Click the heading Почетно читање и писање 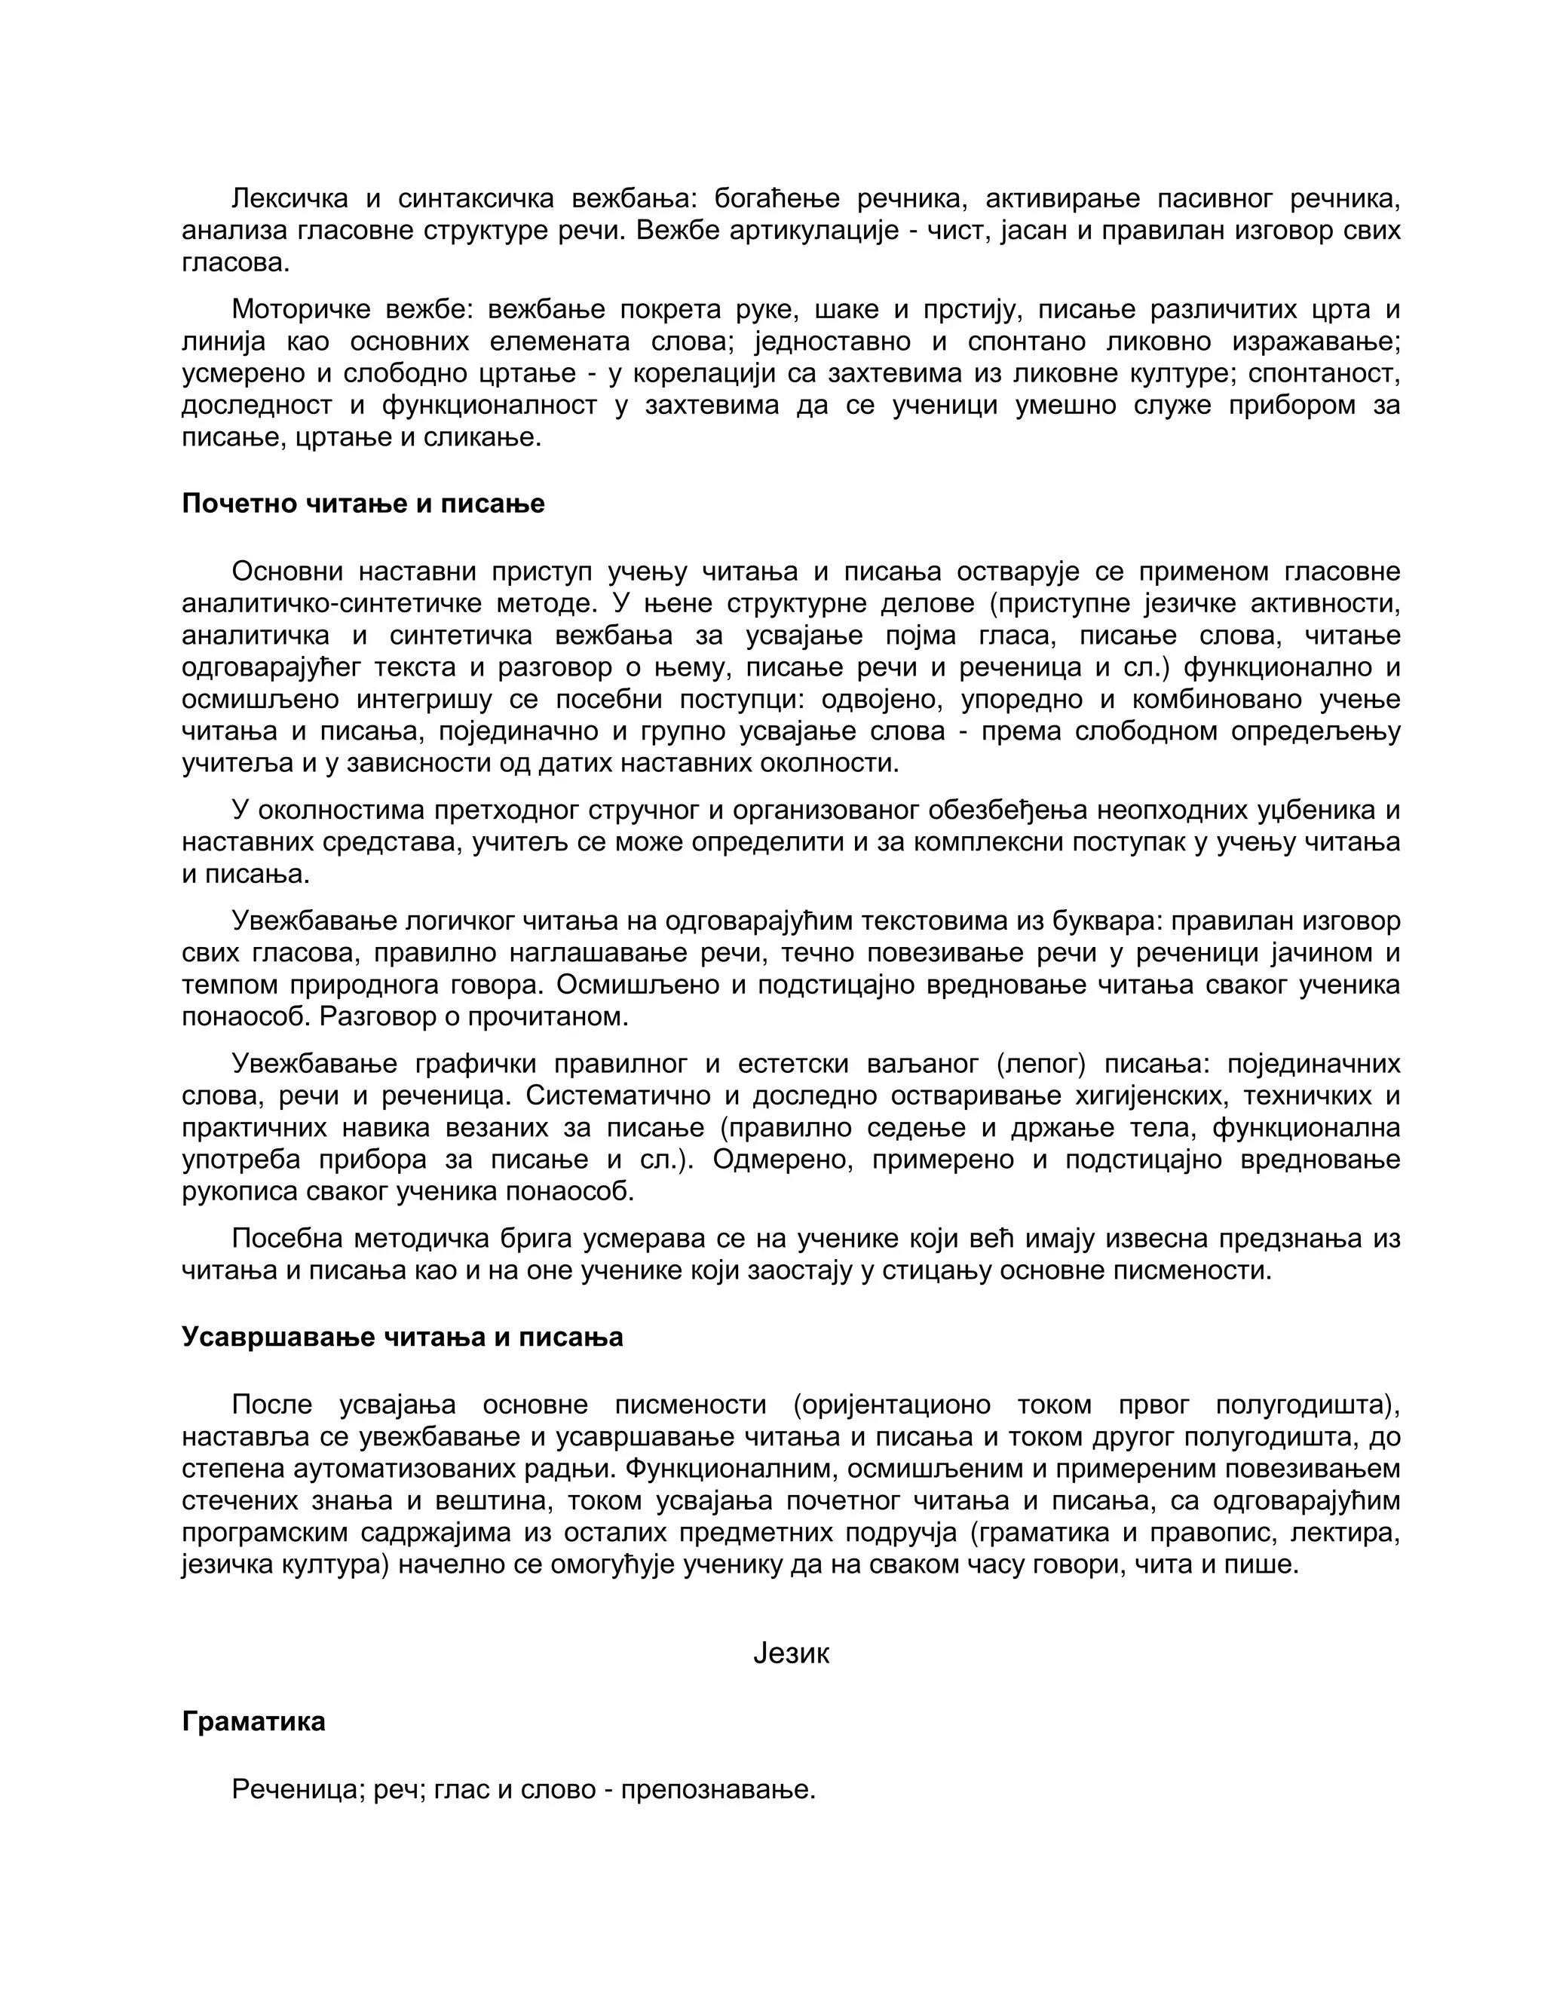[363, 504]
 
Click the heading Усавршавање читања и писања [403, 1337]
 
